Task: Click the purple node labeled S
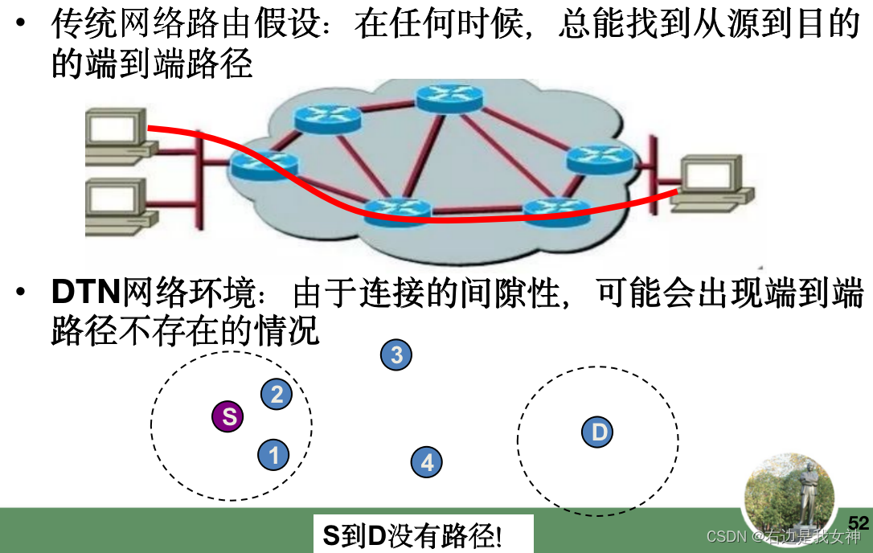tap(228, 416)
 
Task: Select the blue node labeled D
tap(597, 432)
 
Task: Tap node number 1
tap(273, 455)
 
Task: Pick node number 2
tap(277, 394)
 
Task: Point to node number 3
tap(396, 354)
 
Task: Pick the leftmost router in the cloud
tap(264, 165)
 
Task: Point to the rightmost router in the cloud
tap(600, 159)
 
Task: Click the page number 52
tap(859, 522)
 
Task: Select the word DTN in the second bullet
tap(85, 294)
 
